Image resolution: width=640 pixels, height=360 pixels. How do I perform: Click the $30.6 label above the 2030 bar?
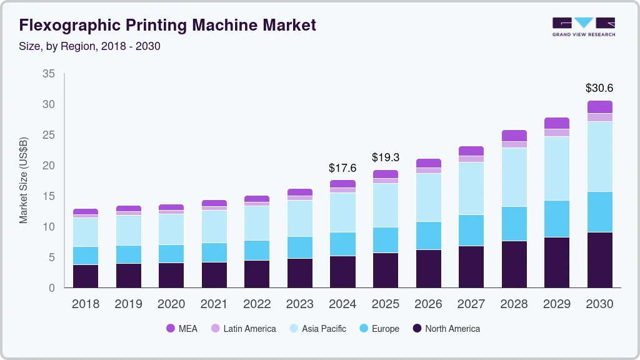click(x=600, y=88)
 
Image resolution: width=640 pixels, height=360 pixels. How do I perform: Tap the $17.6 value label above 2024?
click(x=342, y=167)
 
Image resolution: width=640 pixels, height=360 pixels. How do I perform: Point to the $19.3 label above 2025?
click(x=385, y=157)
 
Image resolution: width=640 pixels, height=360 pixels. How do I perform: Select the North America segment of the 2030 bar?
click(x=600, y=259)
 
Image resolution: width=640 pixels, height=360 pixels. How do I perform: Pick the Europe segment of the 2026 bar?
click(x=428, y=236)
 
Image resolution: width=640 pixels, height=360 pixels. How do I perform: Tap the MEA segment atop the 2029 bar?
click(x=557, y=123)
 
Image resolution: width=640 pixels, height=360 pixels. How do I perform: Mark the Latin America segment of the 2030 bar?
click(x=600, y=117)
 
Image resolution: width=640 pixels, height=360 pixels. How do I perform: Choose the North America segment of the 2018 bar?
click(x=86, y=276)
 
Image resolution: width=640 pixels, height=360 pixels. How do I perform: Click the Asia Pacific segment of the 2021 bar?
click(x=214, y=226)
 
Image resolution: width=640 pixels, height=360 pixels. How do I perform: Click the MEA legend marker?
click(x=170, y=328)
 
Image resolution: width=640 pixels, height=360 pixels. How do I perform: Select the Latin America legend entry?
click(x=249, y=328)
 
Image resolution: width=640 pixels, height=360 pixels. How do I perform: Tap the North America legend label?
click(x=452, y=328)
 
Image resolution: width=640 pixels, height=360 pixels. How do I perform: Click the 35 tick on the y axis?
click(x=48, y=74)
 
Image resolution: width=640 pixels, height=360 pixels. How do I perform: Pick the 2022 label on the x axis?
click(x=257, y=304)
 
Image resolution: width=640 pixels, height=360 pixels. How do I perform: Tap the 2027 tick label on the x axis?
click(x=471, y=304)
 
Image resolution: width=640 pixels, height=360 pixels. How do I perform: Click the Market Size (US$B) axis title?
click(x=24, y=180)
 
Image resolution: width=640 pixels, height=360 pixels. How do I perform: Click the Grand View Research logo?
click(x=584, y=26)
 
